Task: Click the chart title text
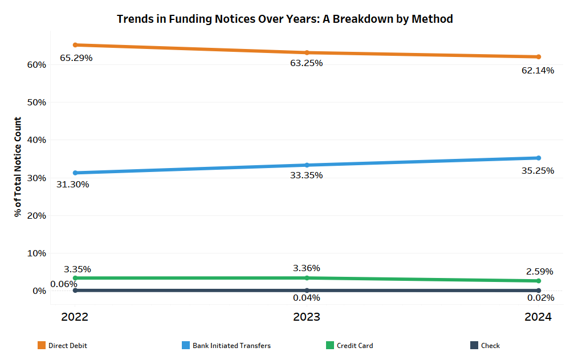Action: pyautogui.click(x=284, y=19)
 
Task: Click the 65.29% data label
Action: pyautogui.click(x=76, y=58)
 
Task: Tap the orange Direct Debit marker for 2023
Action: pyautogui.click(x=307, y=52)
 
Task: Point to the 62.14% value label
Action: pyautogui.click(x=538, y=71)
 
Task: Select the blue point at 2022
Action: pyautogui.click(x=75, y=173)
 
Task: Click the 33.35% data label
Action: pyautogui.click(x=306, y=175)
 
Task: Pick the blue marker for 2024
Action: pyautogui.click(x=539, y=158)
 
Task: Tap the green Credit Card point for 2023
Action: pyautogui.click(x=307, y=278)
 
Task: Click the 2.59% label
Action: pyautogui.click(x=539, y=272)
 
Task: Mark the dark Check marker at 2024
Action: pyautogui.click(x=539, y=291)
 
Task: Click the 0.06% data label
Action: pyautogui.click(x=64, y=284)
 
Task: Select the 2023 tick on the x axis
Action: pyautogui.click(x=307, y=317)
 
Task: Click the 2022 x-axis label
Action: pyautogui.click(x=75, y=317)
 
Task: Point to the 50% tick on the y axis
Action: pyautogui.click(x=36, y=103)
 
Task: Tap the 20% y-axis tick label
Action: pyautogui.click(x=36, y=216)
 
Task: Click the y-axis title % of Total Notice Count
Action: pyautogui.click(x=18, y=167)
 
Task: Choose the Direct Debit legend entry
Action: pyautogui.click(x=63, y=345)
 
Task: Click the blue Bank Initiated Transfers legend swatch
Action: pyautogui.click(x=186, y=345)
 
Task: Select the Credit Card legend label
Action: pyautogui.click(x=355, y=346)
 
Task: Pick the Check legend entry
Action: pyautogui.click(x=485, y=345)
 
